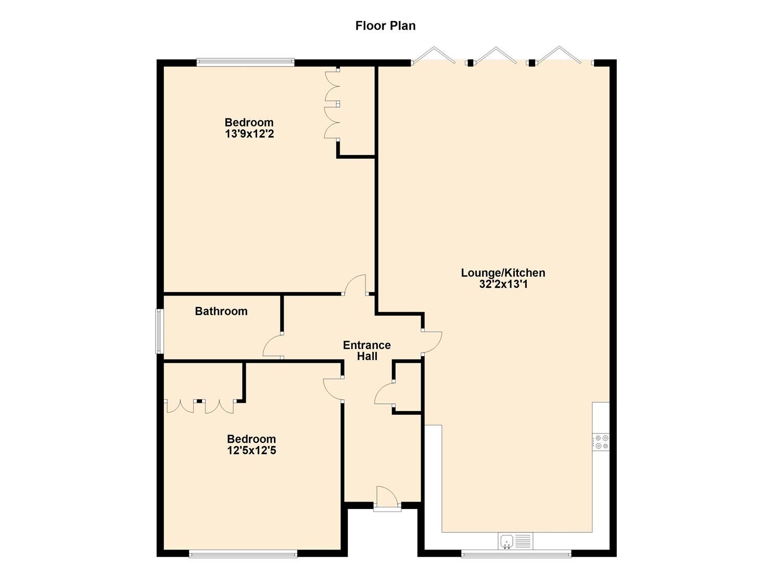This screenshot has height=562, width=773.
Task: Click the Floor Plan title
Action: (385, 25)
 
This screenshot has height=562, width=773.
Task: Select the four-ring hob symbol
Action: (601, 442)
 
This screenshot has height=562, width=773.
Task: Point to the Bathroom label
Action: (221, 311)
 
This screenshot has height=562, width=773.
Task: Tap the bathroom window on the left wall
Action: (160, 331)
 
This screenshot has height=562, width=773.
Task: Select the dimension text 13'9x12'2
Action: (249, 134)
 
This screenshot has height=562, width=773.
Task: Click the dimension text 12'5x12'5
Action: (251, 451)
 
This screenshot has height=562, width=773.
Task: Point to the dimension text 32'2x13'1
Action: (503, 284)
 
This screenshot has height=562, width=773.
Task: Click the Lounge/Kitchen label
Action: (503, 273)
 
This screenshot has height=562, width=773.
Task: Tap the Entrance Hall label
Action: (366, 351)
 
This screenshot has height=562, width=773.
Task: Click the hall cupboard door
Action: (384, 393)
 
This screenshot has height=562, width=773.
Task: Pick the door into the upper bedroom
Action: (355, 285)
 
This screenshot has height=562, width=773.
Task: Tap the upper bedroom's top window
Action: (245, 63)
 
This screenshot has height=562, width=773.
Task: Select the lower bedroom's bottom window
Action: (243, 555)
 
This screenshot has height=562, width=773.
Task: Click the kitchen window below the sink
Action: (516, 555)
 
